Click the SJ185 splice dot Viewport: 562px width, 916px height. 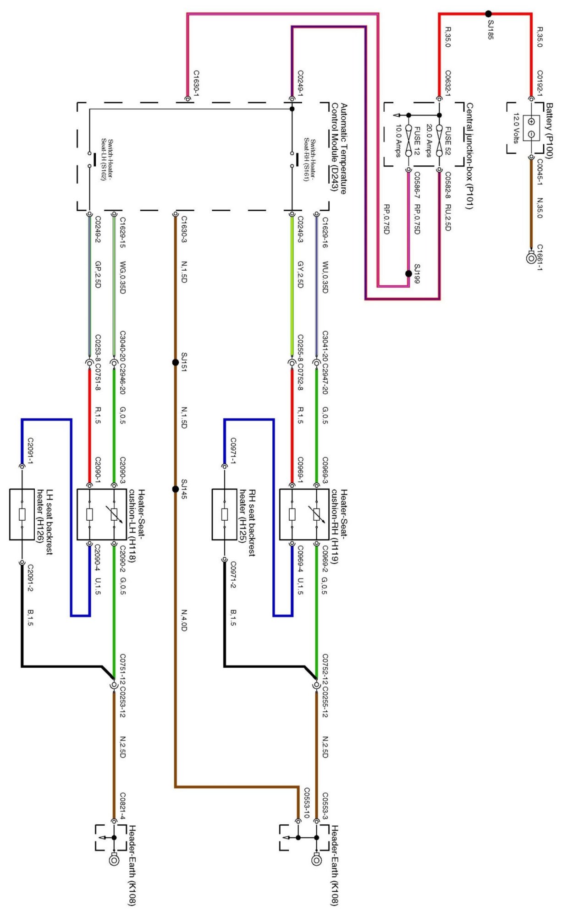point(489,14)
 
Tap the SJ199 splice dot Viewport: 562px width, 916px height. point(408,274)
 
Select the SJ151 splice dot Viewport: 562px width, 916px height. point(175,362)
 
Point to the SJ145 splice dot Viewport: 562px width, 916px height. point(175,489)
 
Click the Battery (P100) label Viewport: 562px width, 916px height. point(549,131)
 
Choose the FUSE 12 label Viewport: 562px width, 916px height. point(417,141)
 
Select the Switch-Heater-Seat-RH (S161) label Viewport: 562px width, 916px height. point(310,160)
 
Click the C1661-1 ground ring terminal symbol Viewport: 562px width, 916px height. point(531,258)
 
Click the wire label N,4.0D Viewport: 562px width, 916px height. point(184,620)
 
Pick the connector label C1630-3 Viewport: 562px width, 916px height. point(184,229)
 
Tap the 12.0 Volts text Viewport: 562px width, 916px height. point(516,128)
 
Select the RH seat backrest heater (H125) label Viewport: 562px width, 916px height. point(248,523)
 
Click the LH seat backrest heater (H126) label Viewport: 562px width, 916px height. point(45,523)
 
